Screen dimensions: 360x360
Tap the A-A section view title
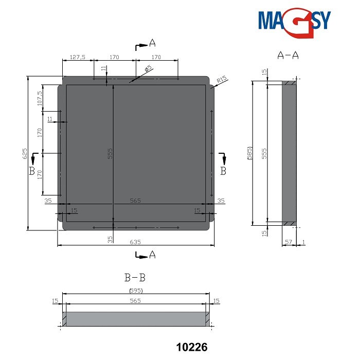[287, 55]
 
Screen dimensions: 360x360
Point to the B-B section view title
[135, 278]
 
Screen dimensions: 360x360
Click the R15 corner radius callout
[222, 80]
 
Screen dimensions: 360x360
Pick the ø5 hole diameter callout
[148, 69]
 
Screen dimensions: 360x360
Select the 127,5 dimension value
[77, 57]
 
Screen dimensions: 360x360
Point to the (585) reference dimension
[248, 153]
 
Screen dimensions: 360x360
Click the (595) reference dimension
[135, 291]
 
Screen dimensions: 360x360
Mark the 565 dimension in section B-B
[135, 300]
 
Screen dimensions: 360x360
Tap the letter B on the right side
[223, 171]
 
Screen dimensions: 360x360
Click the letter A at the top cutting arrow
[152, 42]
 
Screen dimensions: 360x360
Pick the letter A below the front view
[152, 254]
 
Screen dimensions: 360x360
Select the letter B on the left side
[32, 171]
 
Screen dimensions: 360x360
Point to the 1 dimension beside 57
[303, 241]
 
